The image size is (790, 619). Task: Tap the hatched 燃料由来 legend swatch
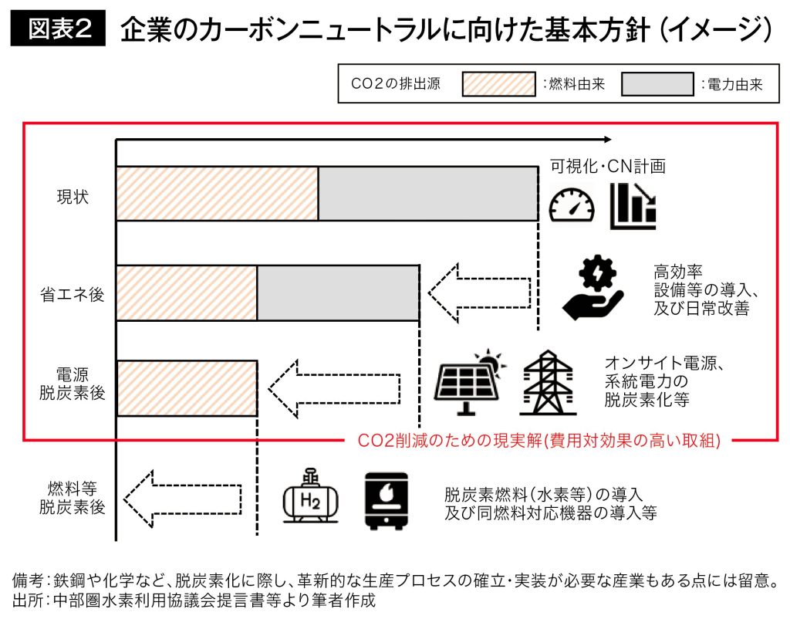[x=498, y=84]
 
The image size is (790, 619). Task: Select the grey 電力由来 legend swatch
[x=657, y=84]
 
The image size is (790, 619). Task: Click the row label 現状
[x=73, y=197]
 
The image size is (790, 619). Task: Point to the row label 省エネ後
[x=73, y=294]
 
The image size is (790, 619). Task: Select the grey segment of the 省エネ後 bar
[x=337, y=293]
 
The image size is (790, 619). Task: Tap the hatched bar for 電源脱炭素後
[x=186, y=388]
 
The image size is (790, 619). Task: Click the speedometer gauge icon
[x=572, y=205]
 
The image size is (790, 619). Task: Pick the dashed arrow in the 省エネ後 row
[x=479, y=294]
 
